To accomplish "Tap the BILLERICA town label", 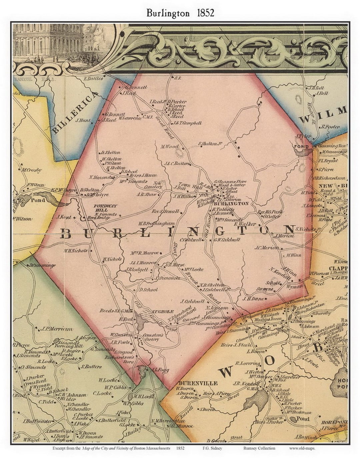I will pos(76,112).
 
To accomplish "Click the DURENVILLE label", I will pos(198,383).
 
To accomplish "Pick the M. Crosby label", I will pos(32,170).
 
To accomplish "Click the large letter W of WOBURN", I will pos(226,371).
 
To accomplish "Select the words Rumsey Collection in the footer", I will pos(259,448).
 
